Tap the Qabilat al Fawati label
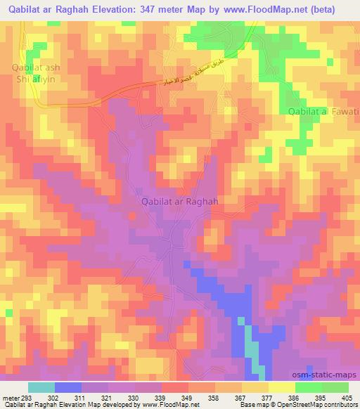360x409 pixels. [x=324, y=111]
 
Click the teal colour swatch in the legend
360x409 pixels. [x=41, y=387]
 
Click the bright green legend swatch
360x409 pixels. [x=309, y=387]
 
